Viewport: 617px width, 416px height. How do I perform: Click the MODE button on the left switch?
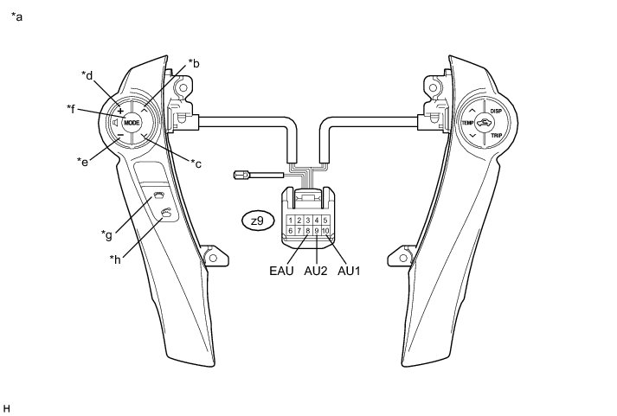(132, 123)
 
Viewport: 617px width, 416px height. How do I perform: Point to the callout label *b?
(194, 63)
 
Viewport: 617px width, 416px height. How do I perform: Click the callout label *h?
(114, 258)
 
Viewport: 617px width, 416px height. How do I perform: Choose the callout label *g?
(106, 233)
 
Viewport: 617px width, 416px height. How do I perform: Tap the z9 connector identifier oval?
(257, 221)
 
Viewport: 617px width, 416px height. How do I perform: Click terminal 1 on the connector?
(290, 221)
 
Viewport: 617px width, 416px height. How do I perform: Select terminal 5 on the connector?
(325, 221)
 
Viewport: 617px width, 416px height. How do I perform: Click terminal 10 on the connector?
(325, 231)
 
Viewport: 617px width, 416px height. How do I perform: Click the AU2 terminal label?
(316, 271)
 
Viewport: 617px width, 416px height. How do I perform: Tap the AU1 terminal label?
(348, 271)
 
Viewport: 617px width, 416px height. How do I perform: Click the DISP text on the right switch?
(496, 112)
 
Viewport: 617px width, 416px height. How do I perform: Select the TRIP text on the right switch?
(496, 137)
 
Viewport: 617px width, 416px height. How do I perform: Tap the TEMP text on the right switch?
(467, 124)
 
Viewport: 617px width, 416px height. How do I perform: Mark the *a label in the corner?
(17, 16)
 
